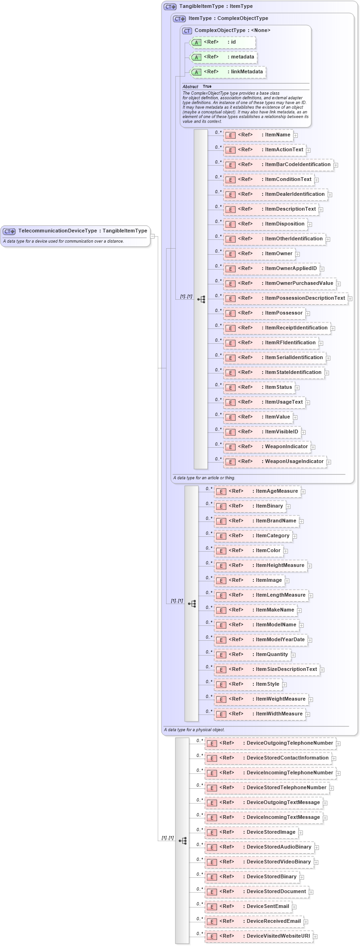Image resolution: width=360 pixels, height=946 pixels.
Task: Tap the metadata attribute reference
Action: [223, 57]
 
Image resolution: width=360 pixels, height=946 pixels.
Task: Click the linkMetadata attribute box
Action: [227, 72]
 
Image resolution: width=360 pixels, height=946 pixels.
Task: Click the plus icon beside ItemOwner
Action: [298, 254]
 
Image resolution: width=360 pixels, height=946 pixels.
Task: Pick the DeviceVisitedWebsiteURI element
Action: [258, 936]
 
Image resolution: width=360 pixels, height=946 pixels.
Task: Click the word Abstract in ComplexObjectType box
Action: [190, 87]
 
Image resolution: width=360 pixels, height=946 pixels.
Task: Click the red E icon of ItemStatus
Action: [231, 388]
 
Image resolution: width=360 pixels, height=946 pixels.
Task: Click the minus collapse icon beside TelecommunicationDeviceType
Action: [152, 236]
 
